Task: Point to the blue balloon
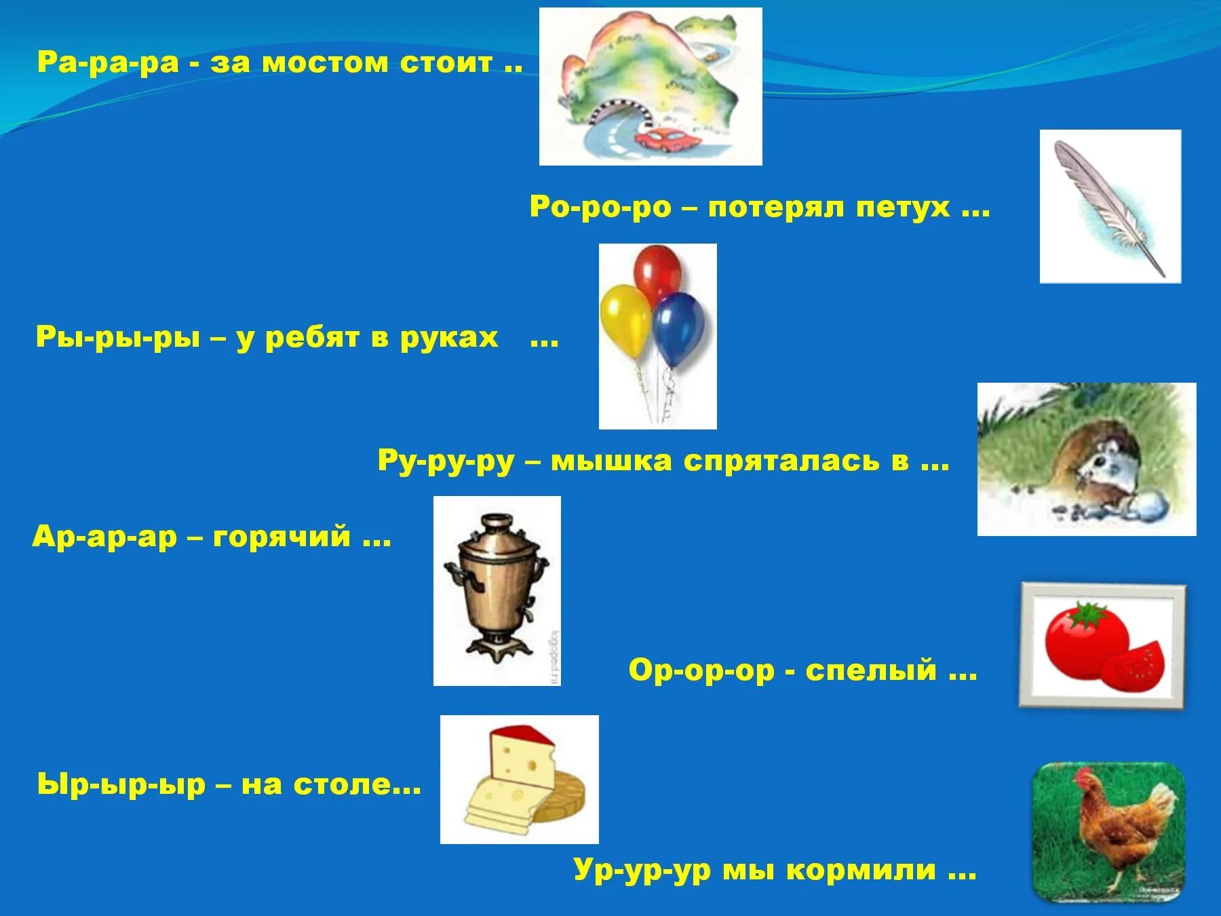point(678,328)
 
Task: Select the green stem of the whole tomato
point(1088,613)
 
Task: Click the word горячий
point(282,537)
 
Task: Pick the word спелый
point(871,670)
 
